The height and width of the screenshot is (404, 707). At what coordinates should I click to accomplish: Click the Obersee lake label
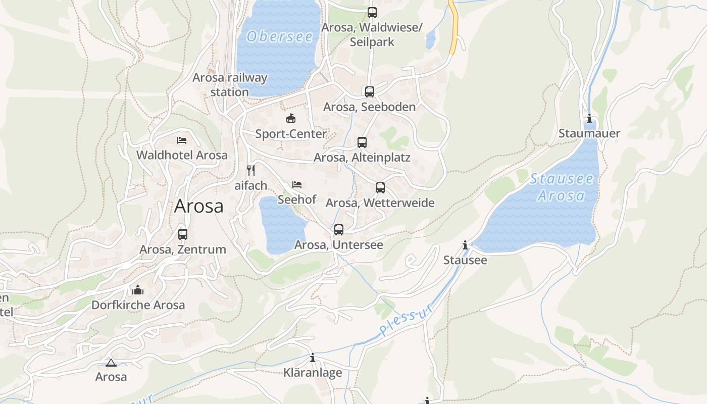click(x=280, y=36)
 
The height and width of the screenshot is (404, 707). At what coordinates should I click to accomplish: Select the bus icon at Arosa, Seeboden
click(x=370, y=91)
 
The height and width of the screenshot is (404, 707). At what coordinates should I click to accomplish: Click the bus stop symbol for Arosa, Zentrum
click(x=183, y=234)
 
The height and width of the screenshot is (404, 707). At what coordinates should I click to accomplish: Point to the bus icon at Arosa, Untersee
click(x=339, y=230)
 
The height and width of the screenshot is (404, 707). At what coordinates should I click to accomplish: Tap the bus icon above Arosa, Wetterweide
click(x=380, y=188)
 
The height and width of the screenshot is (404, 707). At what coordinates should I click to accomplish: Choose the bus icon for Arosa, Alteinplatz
click(x=362, y=142)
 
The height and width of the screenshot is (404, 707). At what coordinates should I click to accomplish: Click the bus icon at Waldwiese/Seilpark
click(x=372, y=13)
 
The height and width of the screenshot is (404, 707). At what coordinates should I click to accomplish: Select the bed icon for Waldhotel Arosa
click(x=182, y=140)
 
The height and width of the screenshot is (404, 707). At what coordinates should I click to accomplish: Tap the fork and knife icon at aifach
click(x=251, y=170)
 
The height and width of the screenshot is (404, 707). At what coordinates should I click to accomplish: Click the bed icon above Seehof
click(x=297, y=185)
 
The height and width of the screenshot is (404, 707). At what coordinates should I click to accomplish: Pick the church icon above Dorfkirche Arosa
click(x=138, y=290)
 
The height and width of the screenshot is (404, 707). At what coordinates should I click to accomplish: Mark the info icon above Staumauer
click(x=589, y=119)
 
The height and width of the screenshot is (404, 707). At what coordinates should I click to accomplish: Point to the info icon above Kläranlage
click(x=313, y=358)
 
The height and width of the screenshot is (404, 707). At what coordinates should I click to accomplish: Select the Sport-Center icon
click(x=291, y=119)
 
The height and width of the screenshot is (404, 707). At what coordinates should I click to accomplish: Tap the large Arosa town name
click(x=198, y=206)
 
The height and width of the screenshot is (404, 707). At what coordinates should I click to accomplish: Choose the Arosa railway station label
click(x=230, y=85)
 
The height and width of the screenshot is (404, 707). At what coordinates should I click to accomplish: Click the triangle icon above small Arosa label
click(x=111, y=363)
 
